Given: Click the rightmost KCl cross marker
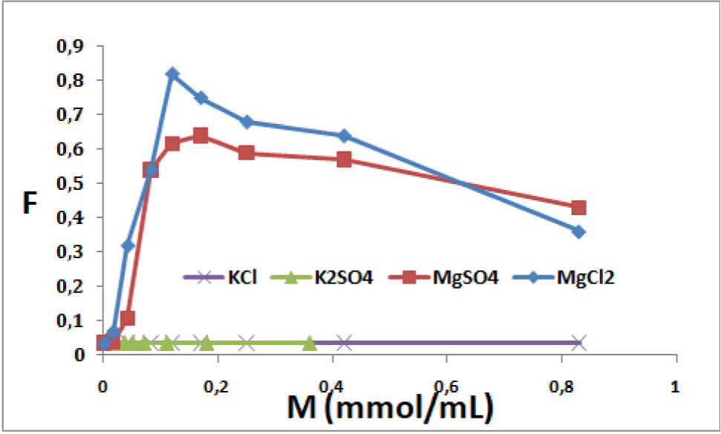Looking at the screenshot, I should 579,343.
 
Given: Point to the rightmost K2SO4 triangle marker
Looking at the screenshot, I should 310,343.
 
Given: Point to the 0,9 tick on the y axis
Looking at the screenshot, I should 73,46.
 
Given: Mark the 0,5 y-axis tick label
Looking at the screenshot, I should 73,183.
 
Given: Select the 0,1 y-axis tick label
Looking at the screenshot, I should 73,320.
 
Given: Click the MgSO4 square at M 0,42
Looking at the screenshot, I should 344,160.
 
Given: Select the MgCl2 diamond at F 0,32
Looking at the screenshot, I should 128,246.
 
